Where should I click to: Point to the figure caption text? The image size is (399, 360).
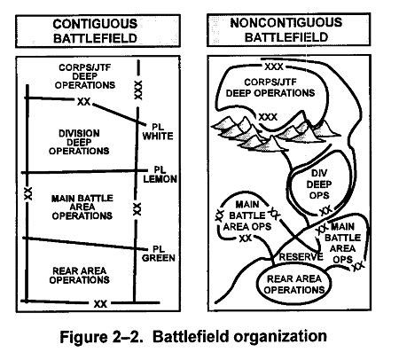point(199,337)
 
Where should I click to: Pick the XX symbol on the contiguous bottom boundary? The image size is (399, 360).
point(100,304)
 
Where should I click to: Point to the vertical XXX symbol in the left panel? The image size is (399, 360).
point(137,90)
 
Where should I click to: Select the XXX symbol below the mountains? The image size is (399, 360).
point(267,116)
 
